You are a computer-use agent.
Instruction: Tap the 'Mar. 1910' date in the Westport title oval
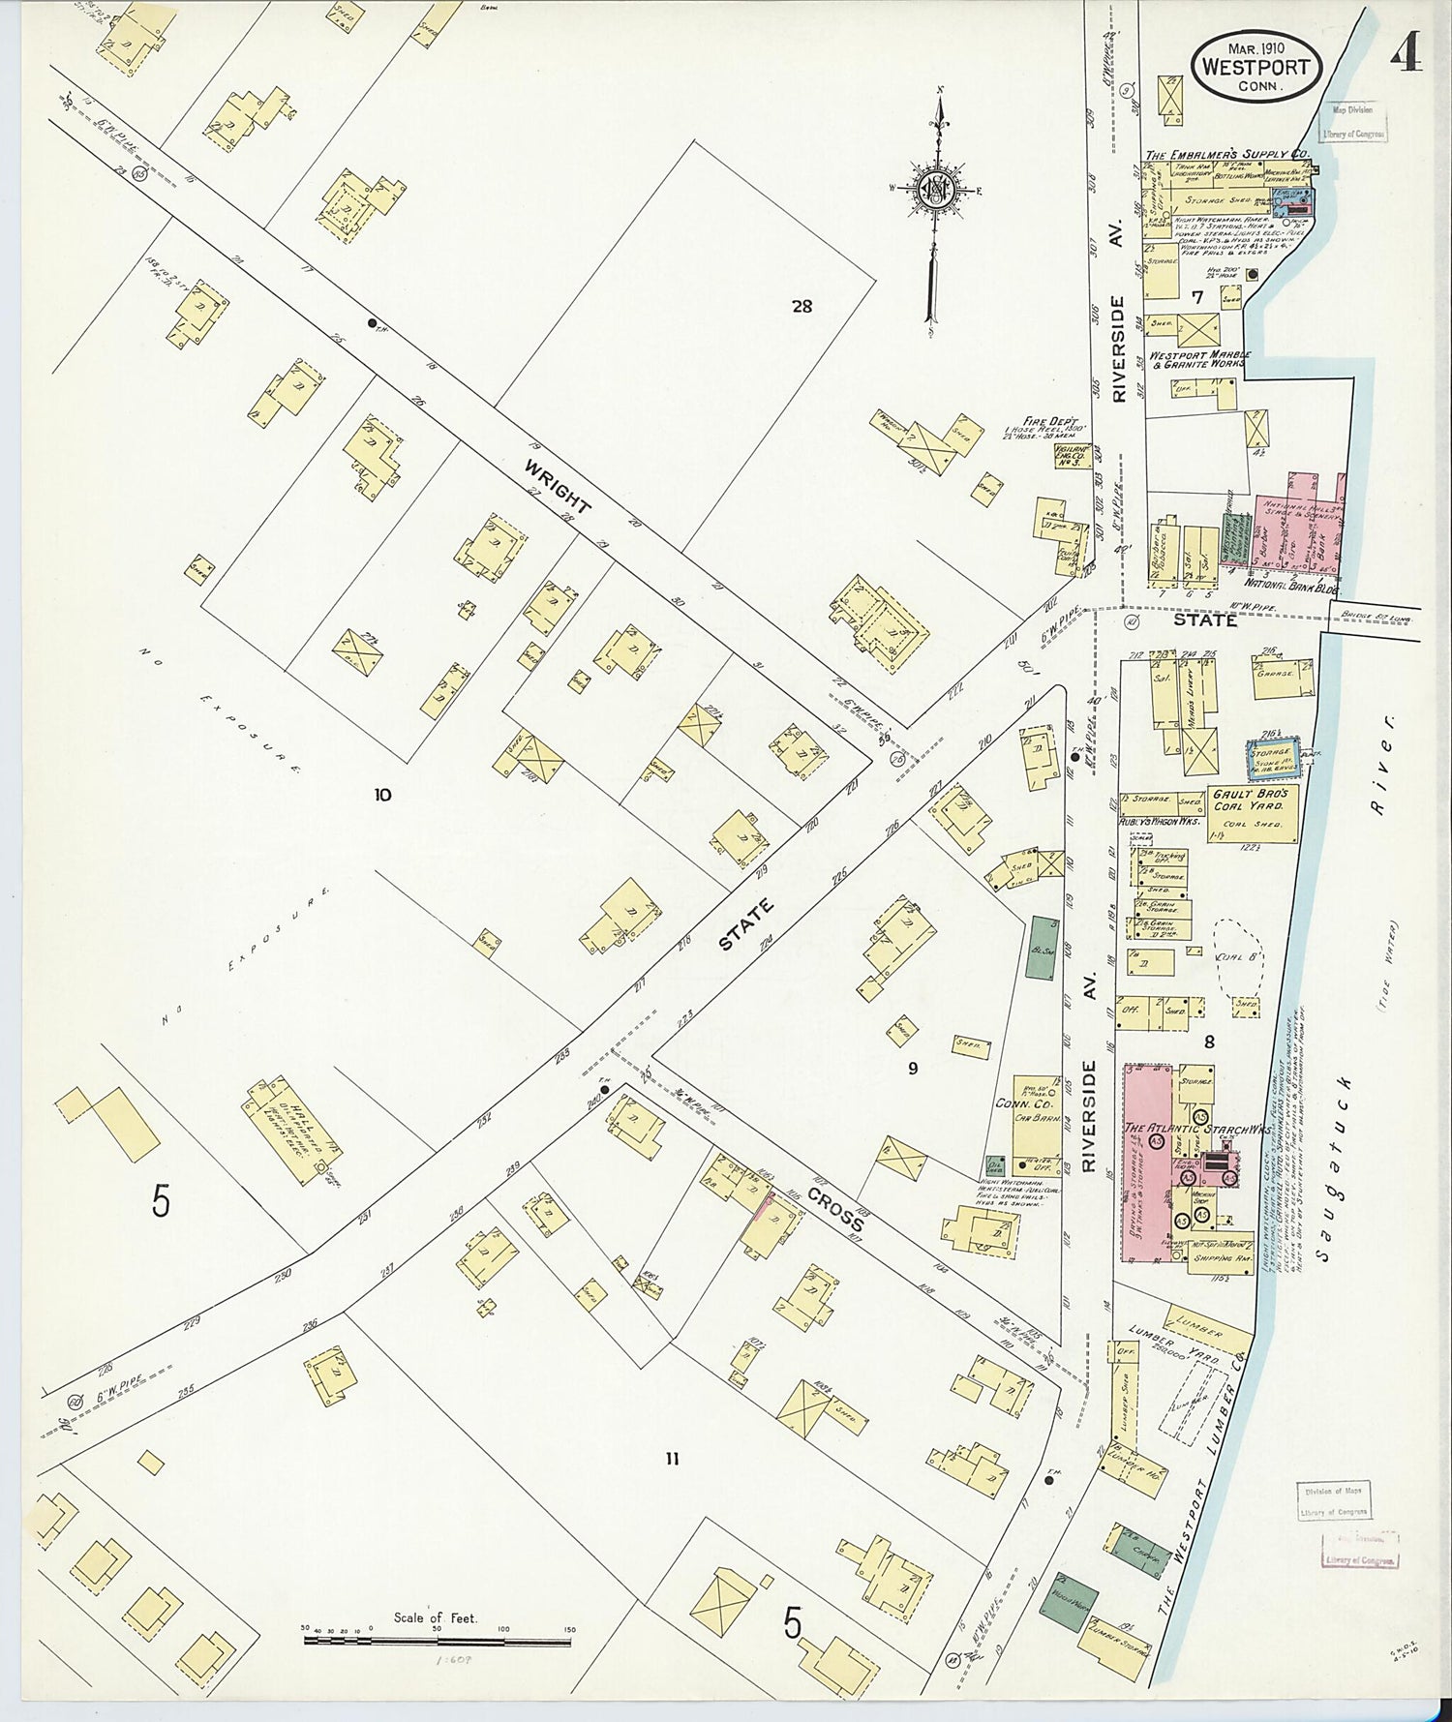[x=1257, y=46]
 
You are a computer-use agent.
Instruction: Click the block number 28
[x=802, y=307]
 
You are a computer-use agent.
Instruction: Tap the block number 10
[x=382, y=795]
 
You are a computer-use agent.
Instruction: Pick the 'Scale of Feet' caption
[x=436, y=1616]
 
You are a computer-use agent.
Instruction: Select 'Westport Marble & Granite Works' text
[x=1199, y=360]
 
